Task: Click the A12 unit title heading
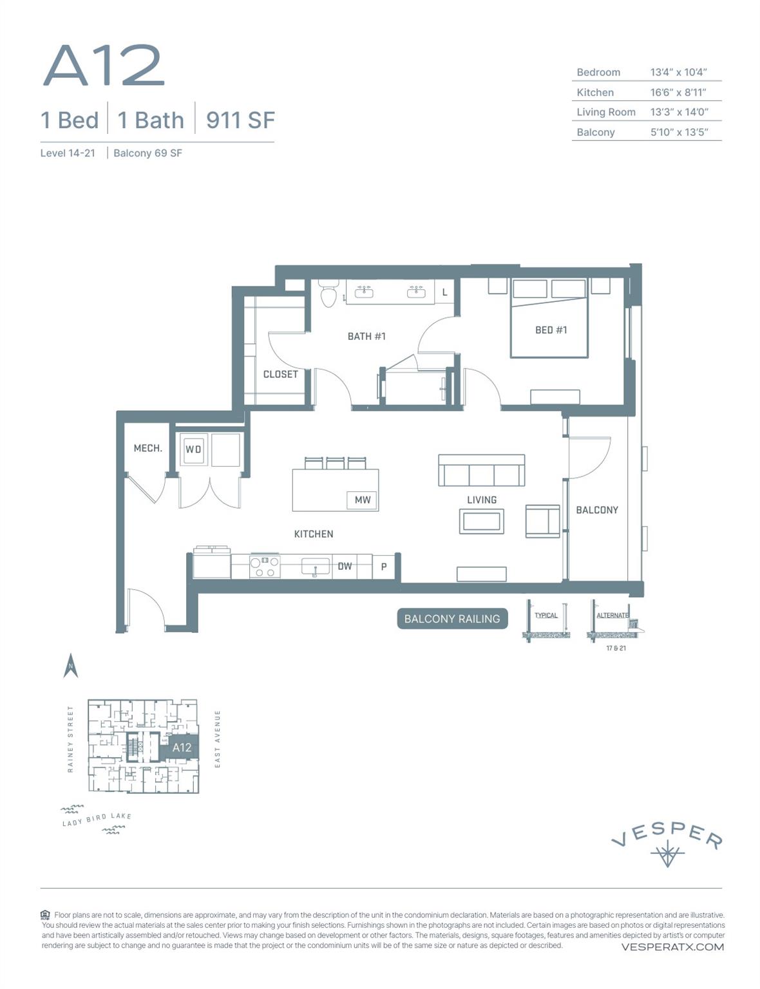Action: pos(103,66)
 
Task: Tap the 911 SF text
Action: pos(240,120)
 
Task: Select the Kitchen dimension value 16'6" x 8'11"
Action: pos(678,92)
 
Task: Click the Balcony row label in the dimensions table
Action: pos(595,132)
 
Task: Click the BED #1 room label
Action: pos(551,330)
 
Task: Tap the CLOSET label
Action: pos(280,374)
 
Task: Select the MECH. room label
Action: pos(147,448)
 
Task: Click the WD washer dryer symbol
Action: pos(193,449)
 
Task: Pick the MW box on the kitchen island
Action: pos(362,500)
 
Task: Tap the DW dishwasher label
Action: pos(345,567)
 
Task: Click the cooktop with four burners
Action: pos(265,566)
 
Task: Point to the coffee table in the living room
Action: pos(481,521)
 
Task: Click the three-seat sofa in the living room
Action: pos(481,471)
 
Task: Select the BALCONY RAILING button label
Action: pos(452,619)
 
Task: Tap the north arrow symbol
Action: pos(71,666)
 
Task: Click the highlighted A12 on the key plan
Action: pos(182,748)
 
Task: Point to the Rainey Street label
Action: pos(70,739)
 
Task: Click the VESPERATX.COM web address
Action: pos(672,947)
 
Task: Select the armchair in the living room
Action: pos(542,521)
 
